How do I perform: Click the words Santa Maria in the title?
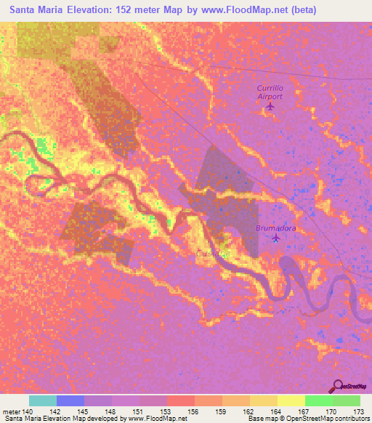pos(35,10)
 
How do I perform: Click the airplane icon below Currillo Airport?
pos(270,107)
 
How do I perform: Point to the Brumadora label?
pos(275,228)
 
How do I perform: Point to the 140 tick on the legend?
pos(29,411)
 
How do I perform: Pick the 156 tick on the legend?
pos(194,411)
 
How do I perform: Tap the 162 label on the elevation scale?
pos(250,411)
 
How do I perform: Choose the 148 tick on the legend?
pos(112,411)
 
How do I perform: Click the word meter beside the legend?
pos(11,411)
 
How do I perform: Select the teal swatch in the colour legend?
pos(43,400)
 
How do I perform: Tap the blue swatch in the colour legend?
pos(70,400)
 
